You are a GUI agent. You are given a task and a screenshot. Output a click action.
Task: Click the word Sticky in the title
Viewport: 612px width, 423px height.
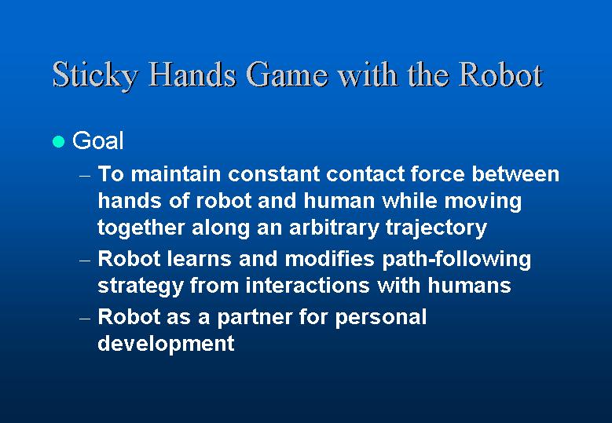pos(95,74)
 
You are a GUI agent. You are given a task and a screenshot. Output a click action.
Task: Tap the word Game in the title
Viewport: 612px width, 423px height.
pos(287,74)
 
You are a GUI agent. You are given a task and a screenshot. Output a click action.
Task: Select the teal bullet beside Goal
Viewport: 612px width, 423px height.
pos(58,141)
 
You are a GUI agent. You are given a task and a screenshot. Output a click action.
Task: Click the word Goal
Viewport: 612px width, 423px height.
pos(97,140)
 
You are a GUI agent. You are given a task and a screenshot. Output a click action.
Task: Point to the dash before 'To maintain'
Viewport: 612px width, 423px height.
pos(85,177)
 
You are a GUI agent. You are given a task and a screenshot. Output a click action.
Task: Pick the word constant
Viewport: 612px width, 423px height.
pos(274,174)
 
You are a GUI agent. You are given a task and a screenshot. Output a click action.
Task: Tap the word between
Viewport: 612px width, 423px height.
pos(515,173)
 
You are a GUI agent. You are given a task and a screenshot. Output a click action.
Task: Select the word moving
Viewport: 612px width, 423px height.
pos(483,202)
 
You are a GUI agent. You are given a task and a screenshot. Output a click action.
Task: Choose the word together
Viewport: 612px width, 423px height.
pos(141,228)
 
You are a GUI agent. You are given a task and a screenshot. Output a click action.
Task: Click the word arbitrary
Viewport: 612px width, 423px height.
pos(334,228)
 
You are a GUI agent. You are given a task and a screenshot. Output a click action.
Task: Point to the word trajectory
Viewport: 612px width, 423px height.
pos(436,228)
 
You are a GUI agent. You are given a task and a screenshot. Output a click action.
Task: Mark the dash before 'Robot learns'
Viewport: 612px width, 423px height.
pos(85,261)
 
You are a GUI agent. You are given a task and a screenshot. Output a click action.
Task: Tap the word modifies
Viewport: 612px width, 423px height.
pos(330,258)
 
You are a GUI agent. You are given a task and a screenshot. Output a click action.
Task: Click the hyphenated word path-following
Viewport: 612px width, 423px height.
pos(456,260)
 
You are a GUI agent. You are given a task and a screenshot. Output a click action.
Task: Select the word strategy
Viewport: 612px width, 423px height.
pos(141,286)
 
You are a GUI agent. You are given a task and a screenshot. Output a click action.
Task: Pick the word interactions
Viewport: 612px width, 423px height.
pos(307,286)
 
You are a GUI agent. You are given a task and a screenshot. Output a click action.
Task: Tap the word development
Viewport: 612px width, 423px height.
pos(166,344)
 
